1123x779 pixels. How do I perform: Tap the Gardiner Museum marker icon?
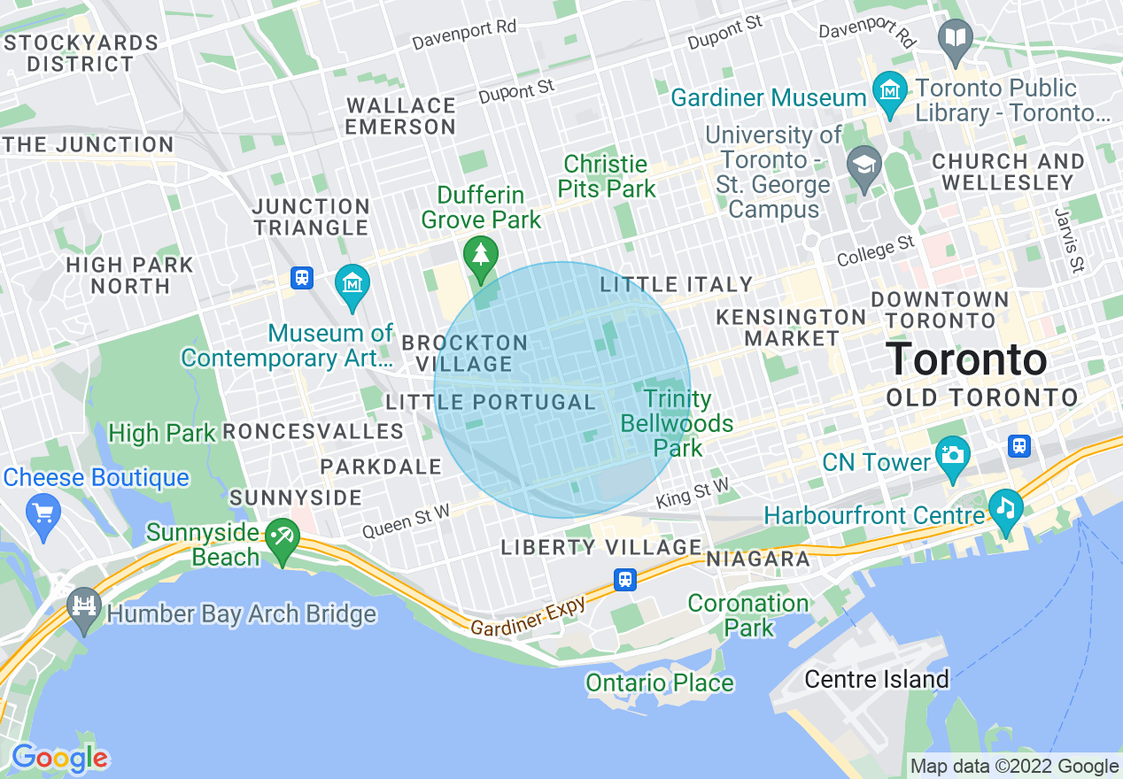pyautogui.click(x=888, y=89)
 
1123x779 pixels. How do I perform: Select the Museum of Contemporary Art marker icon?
pyautogui.click(x=352, y=284)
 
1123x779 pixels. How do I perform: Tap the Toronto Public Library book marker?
pyautogui.click(x=956, y=38)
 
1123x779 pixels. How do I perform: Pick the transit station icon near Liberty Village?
pyautogui.click(x=625, y=580)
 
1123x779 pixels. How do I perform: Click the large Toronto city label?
pyautogui.click(x=966, y=360)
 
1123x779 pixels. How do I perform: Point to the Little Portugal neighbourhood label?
pyautogui.click(x=491, y=403)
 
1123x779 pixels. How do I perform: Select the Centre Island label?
pyautogui.click(x=876, y=680)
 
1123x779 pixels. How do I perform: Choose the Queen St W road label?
pyautogui.click(x=407, y=521)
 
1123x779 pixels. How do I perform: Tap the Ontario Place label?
pyautogui.click(x=660, y=683)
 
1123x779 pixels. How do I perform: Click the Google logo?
pyautogui.click(x=59, y=759)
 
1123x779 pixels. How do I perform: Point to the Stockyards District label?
pyautogui.click(x=81, y=53)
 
